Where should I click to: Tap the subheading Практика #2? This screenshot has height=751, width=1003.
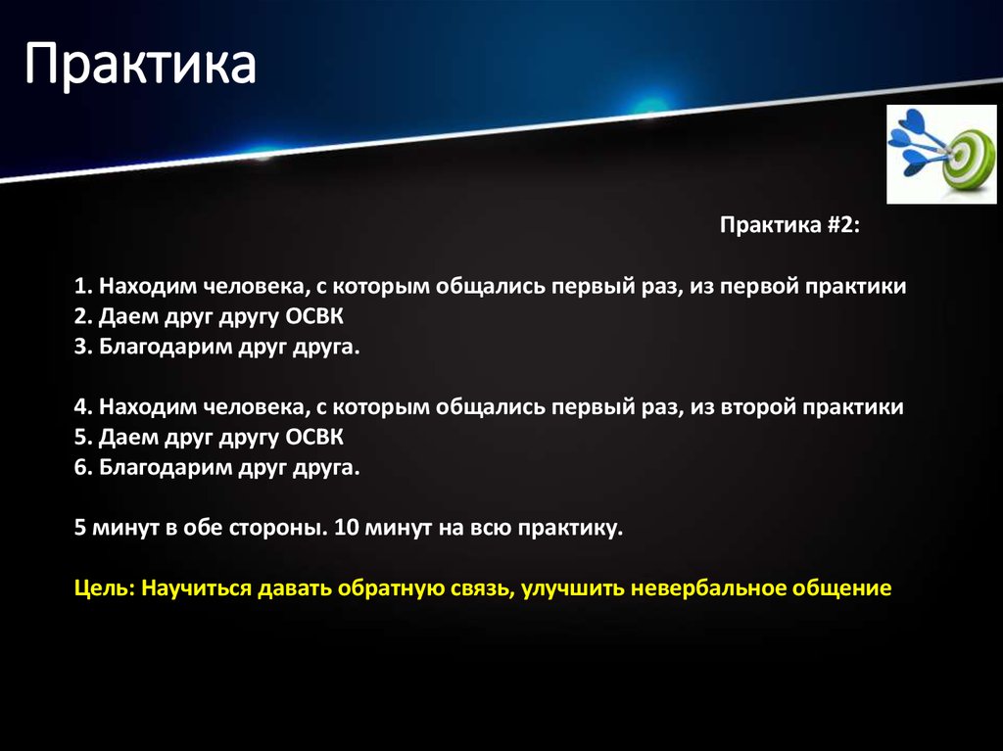[789, 226]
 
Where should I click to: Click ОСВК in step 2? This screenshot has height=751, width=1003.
[313, 317]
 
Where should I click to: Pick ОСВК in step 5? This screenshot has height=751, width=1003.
[313, 438]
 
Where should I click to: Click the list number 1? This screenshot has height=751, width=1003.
[81, 287]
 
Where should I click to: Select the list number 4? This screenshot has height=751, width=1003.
[81, 407]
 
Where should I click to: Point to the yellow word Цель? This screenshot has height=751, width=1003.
[104, 589]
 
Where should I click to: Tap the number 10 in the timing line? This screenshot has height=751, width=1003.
[345, 529]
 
